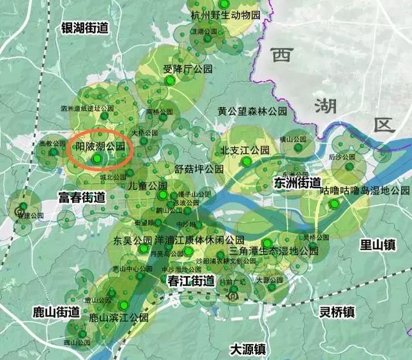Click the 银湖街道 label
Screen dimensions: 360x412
[x=84, y=27]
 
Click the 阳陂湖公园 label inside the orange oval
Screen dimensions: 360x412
[x=99, y=147]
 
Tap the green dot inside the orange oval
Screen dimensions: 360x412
[x=97, y=158]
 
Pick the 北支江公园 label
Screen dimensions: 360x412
[x=245, y=150]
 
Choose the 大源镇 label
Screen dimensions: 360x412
[x=248, y=348]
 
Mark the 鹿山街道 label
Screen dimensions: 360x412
[x=55, y=312]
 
